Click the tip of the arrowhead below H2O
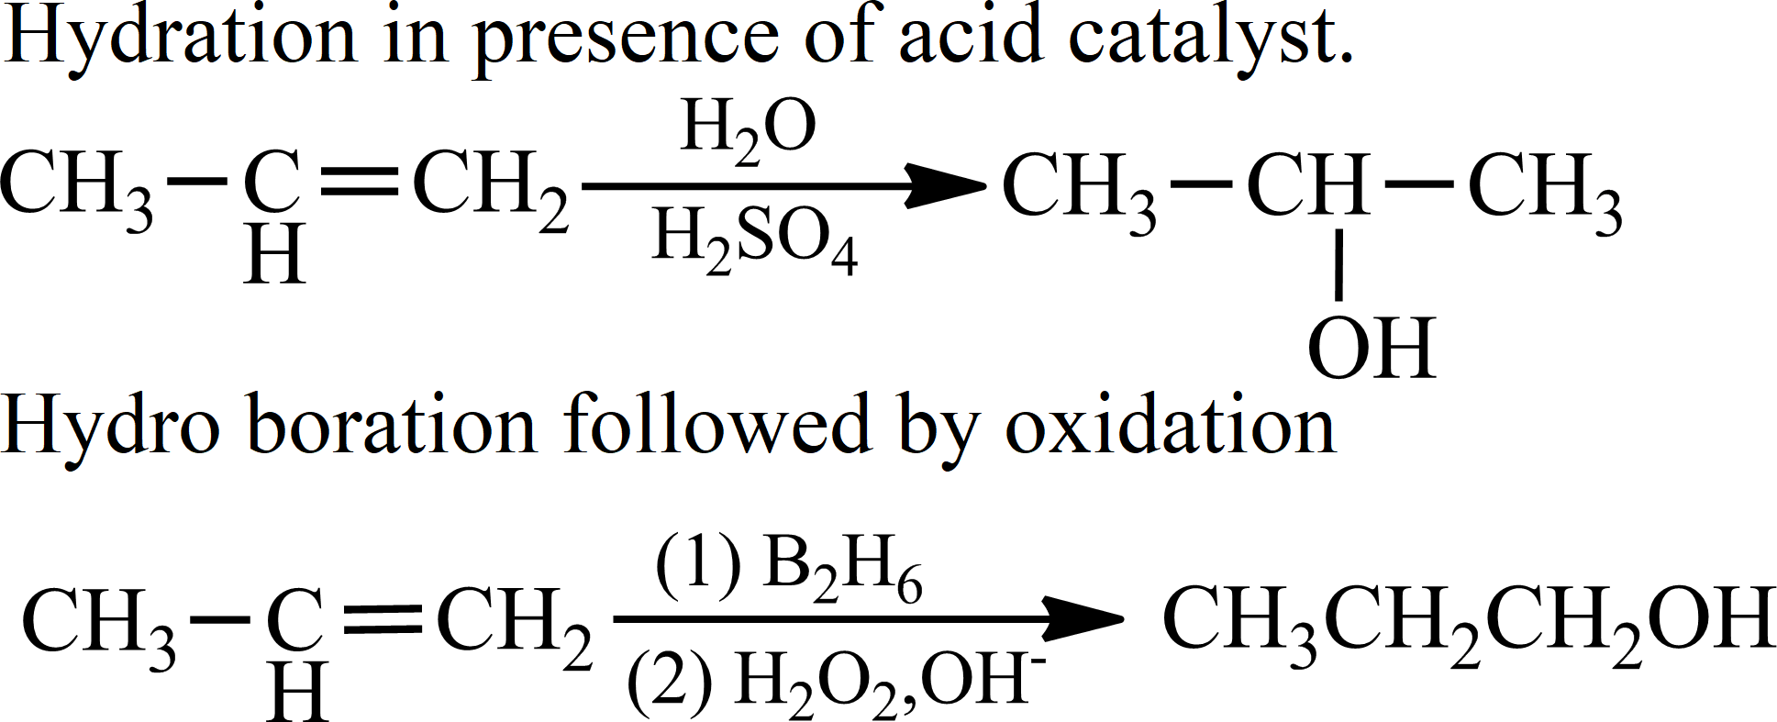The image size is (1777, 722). (x=986, y=186)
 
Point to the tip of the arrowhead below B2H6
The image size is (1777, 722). (x=1123, y=619)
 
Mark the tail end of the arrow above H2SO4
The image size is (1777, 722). (x=583, y=186)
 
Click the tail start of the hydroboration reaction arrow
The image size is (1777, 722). (x=614, y=619)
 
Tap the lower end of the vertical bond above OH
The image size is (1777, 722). (x=1338, y=300)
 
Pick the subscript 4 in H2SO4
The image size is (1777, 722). (x=843, y=258)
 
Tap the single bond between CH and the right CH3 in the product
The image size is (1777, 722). (x=1419, y=183)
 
